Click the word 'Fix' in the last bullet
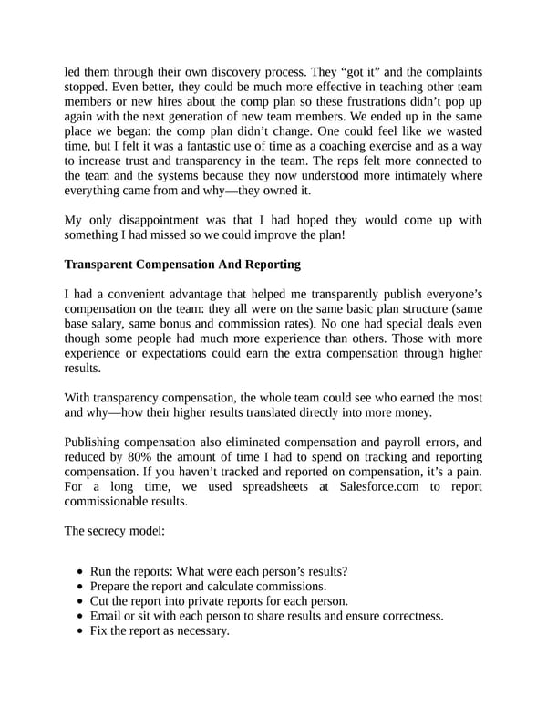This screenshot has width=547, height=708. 100,630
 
